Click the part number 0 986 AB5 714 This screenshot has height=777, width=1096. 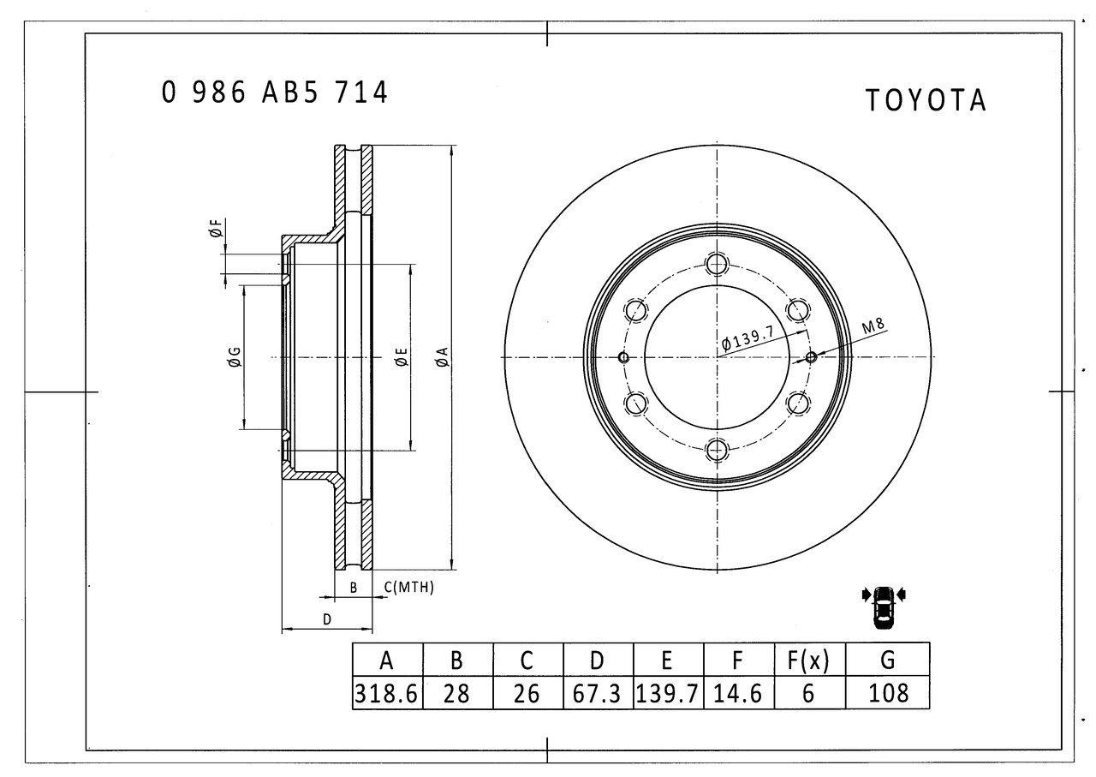click(275, 92)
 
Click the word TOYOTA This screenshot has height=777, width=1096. click(925, 100)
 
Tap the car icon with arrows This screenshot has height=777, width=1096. click(884, 606)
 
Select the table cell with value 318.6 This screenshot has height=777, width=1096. click(387, 692)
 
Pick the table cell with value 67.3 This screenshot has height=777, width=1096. click(598, 692)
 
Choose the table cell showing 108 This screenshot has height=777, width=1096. click(888, 692)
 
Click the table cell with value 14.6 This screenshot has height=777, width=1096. click(738, 692)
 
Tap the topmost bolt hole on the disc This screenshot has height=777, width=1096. click(717, 264)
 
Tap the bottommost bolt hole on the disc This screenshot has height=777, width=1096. click(717, 449)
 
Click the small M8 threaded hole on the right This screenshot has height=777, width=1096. click(811, 357)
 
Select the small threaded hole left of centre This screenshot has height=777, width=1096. click(623, 357)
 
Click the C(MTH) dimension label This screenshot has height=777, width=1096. click(408, 588)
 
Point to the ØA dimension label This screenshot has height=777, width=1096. click(441, 357)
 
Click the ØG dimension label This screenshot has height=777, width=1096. click(233, 357)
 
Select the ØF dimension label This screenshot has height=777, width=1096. click(215, 229)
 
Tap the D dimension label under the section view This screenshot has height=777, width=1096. click(326, 619)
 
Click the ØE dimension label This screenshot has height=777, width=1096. click(400, 357)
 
